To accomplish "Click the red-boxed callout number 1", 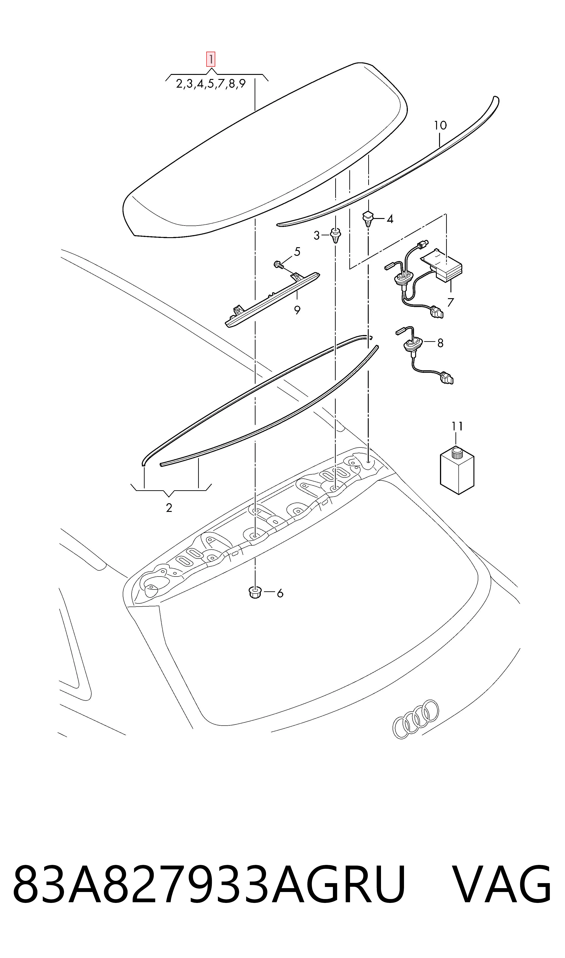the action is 211,59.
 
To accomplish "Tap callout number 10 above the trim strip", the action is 440,125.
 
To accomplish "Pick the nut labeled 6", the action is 254,592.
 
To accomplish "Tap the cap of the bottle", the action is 456,454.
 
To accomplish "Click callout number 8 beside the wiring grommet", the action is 440,343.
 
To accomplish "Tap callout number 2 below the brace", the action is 169,508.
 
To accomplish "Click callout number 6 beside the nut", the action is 280,593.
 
